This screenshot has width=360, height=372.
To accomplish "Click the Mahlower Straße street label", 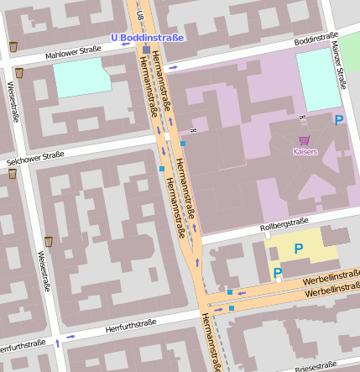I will coord(73,50).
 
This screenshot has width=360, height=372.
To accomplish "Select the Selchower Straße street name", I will coord(34,155).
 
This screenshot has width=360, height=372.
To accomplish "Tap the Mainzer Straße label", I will coord(340,65).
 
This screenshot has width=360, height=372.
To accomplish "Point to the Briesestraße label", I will coord(316,367).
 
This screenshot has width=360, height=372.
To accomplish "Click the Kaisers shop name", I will coord(305,151).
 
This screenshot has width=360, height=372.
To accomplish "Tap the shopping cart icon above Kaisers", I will coord(304,141).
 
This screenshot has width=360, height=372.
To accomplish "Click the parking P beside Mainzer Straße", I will coord(339,120).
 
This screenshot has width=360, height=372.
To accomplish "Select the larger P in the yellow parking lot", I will coord(298,249).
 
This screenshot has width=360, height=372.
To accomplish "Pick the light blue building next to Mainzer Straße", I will coord(319,79).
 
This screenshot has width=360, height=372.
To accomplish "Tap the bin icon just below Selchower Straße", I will coord(13,174).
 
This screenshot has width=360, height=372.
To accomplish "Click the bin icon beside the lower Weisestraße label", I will coord(49,242).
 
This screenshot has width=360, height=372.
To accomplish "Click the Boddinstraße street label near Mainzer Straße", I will coord(316,41).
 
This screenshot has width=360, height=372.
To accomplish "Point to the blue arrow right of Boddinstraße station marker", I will coord(174,66).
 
